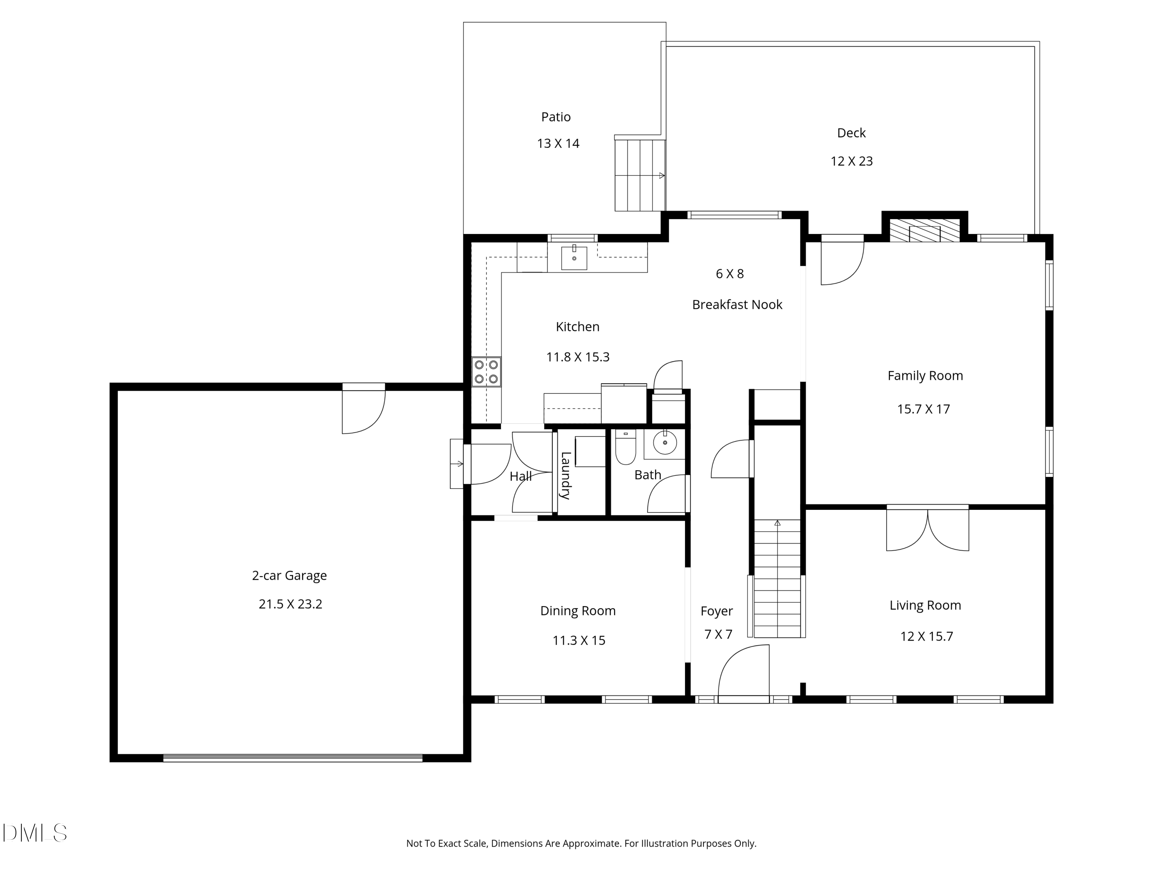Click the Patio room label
tap(556, 117)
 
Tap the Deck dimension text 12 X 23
tap(851, 161)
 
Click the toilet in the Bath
tap(626, 447)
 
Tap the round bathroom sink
tap(665, 443)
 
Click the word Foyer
tap(717, 611)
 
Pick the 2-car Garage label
tap(289, 576)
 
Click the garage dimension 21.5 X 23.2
tap(290, 604)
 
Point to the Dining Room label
tap(578, 611)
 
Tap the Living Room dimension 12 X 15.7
tap(927, 636)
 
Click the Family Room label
tap(925, 376)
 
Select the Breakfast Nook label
tap(737, 305)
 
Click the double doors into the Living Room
tap(927, 529)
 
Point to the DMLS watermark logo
tap(35, 833)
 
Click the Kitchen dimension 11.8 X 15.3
tap(578, 357)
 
